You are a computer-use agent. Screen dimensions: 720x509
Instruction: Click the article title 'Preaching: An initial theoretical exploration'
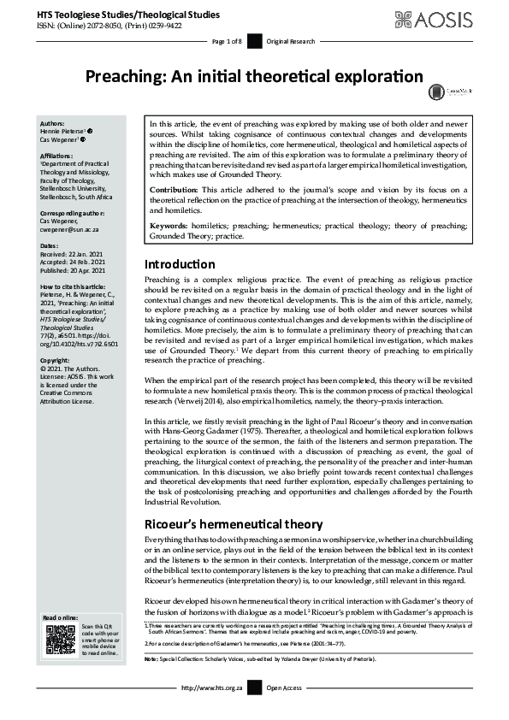pos(253,75)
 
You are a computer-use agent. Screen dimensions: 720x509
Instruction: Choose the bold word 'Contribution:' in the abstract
pos(175,188)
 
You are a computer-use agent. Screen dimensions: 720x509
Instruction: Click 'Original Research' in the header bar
pos(291,42)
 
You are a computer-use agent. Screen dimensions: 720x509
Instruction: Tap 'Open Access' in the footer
pos(285,711)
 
